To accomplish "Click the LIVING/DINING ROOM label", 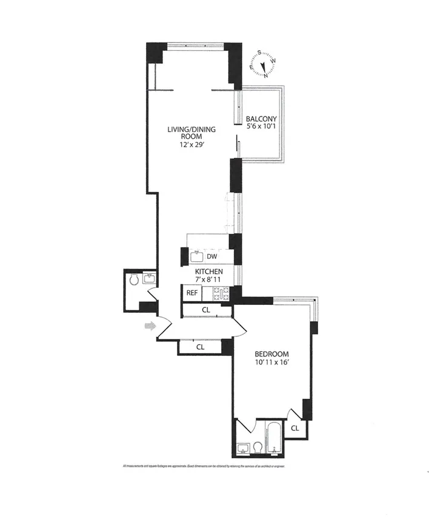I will coord(192,133).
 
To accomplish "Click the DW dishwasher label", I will coord(212,257).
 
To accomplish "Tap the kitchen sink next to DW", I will coord(195,256).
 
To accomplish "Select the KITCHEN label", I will coord(209,272).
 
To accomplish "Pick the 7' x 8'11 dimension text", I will coord(209,280).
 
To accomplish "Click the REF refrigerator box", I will coord(192,293).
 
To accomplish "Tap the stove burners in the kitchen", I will coord(218,293).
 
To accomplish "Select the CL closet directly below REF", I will coord(206,310).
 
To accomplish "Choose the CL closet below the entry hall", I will coord(199,347).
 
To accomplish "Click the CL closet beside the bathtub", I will coord(294,428).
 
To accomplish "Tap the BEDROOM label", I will coord(271,354).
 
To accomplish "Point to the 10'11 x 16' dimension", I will coord(271,364).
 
